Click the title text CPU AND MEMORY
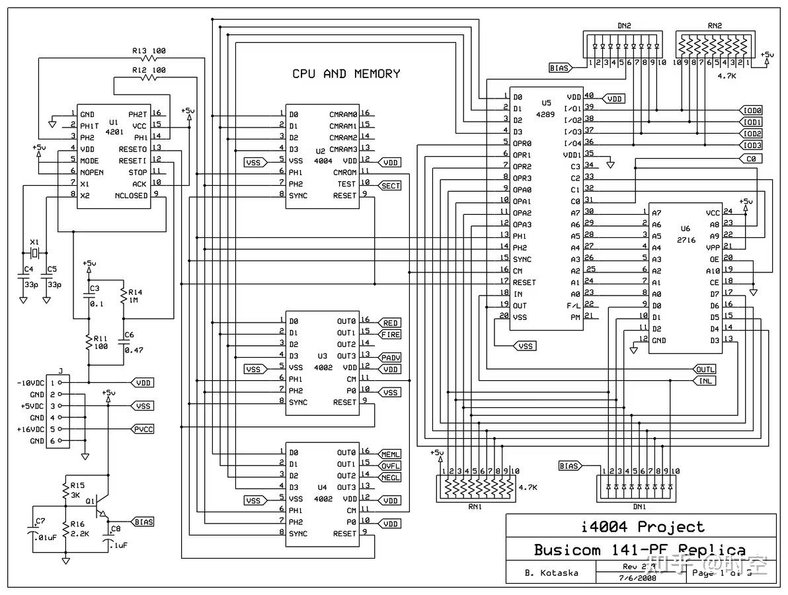click(346, 74)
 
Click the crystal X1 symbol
click(35, 254)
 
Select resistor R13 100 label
click(148, 50)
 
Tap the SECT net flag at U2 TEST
click(390, 186)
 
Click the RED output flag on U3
click(390, 323)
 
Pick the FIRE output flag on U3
click(390, 335)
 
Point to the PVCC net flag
click(143, 429)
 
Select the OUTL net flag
click(705, 369)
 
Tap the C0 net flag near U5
click(750, 159)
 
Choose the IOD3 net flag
click(752, 145)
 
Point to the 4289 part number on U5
click(545, 114)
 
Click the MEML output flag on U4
click(390, 454)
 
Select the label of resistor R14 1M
click(135, 296)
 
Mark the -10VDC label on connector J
click(30, 383)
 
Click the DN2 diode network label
click(623, 26)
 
